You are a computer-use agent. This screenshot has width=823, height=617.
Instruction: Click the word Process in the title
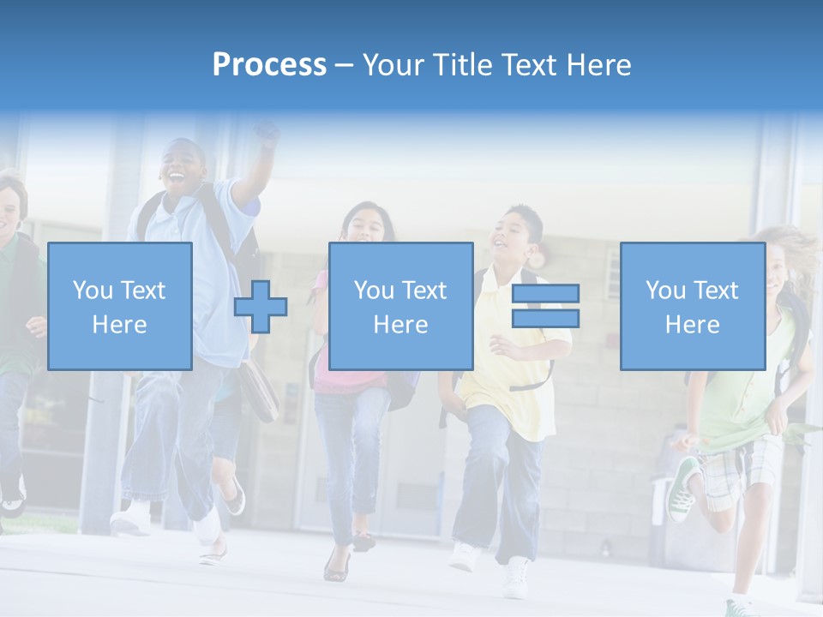coord(269,65)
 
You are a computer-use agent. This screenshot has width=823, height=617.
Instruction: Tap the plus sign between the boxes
coord(261,306)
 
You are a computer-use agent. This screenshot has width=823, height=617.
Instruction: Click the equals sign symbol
coord(545,306)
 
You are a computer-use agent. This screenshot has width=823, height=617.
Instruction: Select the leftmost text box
coord(120,306)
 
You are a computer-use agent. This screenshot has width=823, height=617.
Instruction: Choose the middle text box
coord(400,306)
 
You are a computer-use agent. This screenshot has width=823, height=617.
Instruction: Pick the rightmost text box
coord(692,306)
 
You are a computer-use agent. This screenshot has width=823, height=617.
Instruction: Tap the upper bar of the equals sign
coord(545,293)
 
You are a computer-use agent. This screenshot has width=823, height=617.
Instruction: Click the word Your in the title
coord(393,65)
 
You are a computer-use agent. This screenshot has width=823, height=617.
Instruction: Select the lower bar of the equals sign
coord(545,319)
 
